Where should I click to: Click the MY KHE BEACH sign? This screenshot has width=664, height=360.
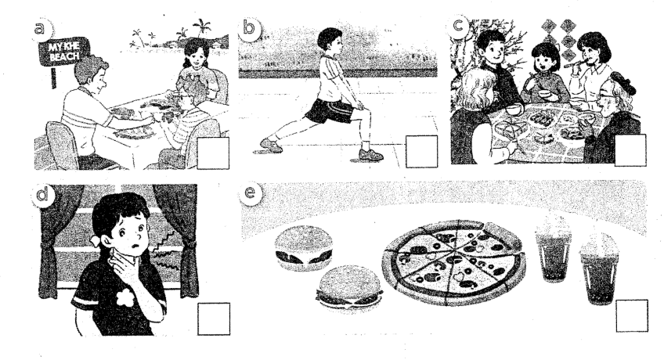[63, 52]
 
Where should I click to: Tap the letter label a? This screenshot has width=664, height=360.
[41, 29]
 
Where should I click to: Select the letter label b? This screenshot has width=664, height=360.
[249, 28]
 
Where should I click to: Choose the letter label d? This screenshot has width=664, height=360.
[42, 195]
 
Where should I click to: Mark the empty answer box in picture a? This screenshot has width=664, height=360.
[213, 153]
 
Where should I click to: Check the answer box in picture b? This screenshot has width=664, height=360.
[421, 152]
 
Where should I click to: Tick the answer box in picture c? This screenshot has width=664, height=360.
[630, 150]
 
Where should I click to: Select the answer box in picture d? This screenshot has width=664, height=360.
[214, 319]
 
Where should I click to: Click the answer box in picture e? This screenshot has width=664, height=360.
[632, 315]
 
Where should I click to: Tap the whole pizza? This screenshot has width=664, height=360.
[453, 261]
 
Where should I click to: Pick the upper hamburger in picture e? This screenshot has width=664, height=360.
[303, 248]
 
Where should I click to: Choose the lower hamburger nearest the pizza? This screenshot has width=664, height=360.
[350, 288]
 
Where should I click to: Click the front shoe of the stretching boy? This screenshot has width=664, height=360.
[370, 154]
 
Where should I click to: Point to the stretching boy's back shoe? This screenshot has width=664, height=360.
[271, 145]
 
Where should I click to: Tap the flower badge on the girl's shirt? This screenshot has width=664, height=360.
[125, 298]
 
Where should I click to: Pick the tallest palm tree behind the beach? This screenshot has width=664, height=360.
[201, 30]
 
